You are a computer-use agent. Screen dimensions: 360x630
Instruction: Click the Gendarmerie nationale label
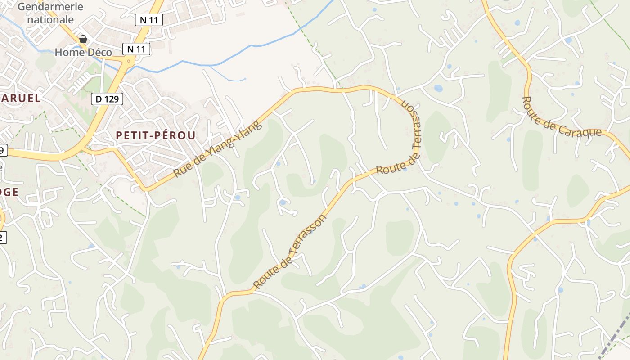click(x=51, y=13)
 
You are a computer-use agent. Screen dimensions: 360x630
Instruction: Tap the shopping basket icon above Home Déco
click(x=83, y=39)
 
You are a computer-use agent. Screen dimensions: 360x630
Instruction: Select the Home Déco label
click(x=83, y=52)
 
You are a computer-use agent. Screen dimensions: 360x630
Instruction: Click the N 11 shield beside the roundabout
click(x=136, y=49)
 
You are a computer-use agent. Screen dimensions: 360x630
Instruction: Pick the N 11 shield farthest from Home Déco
click(x=149, y=20)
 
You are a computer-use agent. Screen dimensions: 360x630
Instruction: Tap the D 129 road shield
click(x=107, y=99)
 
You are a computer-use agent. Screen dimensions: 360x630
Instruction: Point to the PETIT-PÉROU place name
click(x=156, y=135)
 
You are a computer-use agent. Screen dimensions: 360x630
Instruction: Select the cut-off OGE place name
click(x=9, y=192)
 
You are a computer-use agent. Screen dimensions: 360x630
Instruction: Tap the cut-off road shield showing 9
click(x=3, y=150)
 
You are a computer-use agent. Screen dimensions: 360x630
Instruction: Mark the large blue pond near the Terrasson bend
click(x=438, y=88)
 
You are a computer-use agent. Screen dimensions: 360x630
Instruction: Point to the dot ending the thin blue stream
click(x=245, y=79)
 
